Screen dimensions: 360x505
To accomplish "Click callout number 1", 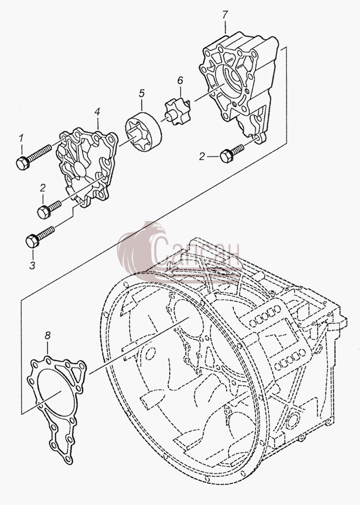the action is tap(21, 138).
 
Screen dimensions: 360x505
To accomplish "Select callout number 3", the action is tap(32, 265).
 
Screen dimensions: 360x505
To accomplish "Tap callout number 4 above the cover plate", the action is tap(97, 112).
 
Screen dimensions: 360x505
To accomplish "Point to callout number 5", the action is tap(141, 94).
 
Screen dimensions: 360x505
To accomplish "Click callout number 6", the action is tap(180, 80).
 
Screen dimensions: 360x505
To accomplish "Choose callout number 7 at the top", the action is tap(225, 15).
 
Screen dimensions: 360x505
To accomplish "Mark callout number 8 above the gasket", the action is tap(47, 335).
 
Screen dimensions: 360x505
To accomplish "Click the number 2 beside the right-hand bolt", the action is tap(202, 157).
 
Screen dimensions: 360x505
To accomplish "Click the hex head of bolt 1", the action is tap(22, 163).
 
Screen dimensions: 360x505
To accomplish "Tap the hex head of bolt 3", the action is tap(32, 241).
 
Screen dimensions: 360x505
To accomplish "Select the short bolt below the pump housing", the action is tap(232, 153).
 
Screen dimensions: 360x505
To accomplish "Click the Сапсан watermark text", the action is tap(197, 255).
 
